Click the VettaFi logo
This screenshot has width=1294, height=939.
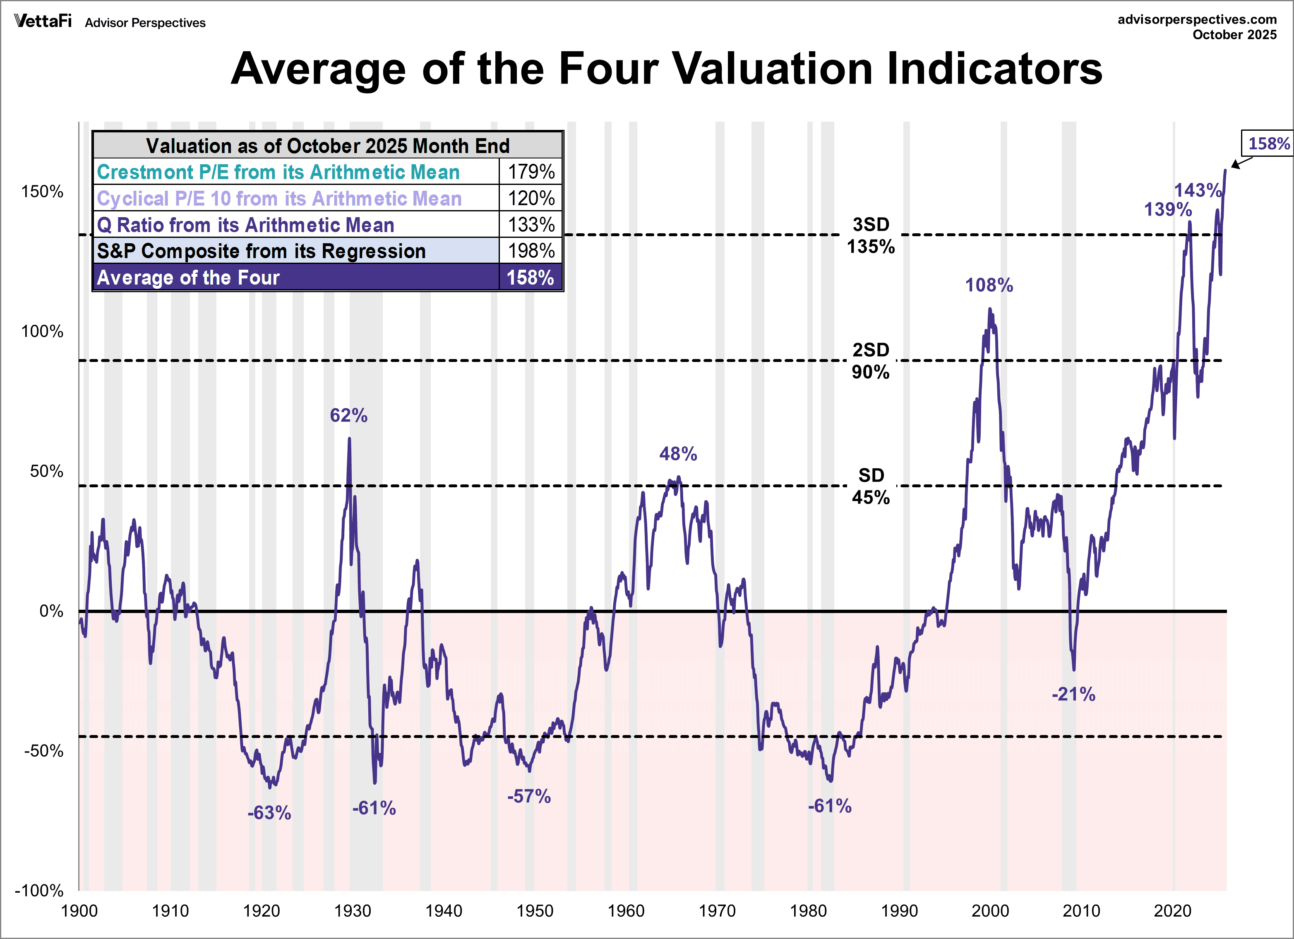point(43,22)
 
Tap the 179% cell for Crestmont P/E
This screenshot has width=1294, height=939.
point(531,172)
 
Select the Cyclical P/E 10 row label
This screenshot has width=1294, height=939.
point(279,199)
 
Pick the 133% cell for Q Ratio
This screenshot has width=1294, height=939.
point(531,225)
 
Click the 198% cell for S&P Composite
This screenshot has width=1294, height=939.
point(531,251)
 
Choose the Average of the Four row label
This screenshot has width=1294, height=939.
point(188,278)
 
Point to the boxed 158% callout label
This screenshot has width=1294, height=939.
point(1268,143)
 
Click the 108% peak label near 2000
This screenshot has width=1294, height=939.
point(989,285)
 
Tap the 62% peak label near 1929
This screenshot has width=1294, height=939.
point(348,415)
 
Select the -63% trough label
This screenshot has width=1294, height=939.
point(269,812)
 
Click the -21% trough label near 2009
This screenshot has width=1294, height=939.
point(1073,694)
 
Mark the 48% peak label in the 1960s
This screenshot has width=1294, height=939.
point(678,454)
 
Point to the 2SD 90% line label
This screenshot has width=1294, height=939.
point(871,361)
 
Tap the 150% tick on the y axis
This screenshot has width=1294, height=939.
point(42,192)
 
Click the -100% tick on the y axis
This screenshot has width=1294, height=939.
point(39,891)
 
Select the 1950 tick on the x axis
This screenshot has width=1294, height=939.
point(535,911)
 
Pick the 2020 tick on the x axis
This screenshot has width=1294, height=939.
point(1172,911)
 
